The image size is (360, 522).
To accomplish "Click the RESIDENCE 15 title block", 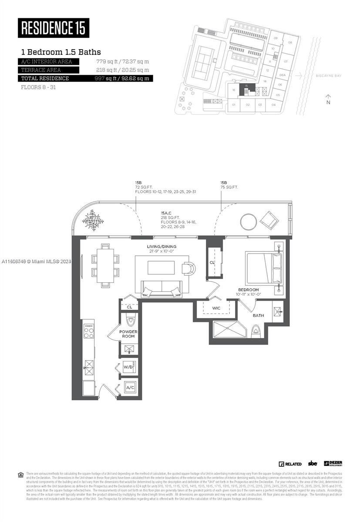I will pyautogui.click(x=54, y=28).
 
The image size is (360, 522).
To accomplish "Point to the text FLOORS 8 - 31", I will pyautogui.click(x=38, y=87).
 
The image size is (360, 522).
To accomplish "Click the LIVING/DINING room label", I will pyautogui.click(x=161, y=247).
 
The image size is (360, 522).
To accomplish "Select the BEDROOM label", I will pyautogui.click(x=248, y=290).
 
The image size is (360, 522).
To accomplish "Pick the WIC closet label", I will pyautogui.click(x=216, y=308).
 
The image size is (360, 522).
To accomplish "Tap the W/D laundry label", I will pyautogui.click(x=128, y=366).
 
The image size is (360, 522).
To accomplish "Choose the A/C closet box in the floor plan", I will pyautogui.click(x=130, y=387).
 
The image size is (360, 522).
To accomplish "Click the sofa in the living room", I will pyautogui.click(x=161, y=287).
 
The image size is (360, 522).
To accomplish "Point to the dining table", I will pyautogui.click(x=105, y=265).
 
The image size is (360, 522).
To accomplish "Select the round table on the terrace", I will pyautogui.click(x=249, y=222).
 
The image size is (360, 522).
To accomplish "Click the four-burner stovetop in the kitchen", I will pyautogui.click(x=88, y=333).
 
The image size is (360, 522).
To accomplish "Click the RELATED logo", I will pyautogui.click(x=290, y=464).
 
